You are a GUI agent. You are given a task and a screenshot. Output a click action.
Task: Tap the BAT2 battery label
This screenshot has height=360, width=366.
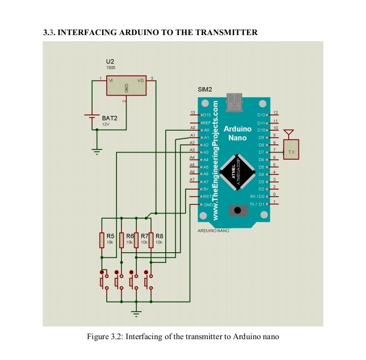point(109,118)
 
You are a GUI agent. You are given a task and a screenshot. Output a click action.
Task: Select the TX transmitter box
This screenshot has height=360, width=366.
point(291,152)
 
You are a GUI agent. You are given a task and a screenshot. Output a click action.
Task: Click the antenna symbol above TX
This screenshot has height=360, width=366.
point(289,134)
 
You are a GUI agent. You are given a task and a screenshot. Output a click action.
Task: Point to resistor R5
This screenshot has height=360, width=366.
point(102,239)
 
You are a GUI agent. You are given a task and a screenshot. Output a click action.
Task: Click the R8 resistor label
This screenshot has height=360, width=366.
point(159,236)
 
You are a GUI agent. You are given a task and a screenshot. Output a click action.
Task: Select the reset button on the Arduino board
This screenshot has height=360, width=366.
point(236,211)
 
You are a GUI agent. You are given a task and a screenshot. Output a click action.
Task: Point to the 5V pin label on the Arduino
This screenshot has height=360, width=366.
point(206,189)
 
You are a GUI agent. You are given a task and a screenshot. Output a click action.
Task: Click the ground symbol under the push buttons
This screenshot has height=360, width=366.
point(136,312)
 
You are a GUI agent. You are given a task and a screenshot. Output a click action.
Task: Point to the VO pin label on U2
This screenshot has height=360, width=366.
point(141,81)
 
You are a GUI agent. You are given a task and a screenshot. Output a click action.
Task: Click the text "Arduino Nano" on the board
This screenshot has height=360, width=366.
point(237,133)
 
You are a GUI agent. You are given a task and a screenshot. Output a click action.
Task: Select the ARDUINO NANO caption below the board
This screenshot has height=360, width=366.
point(212,230)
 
